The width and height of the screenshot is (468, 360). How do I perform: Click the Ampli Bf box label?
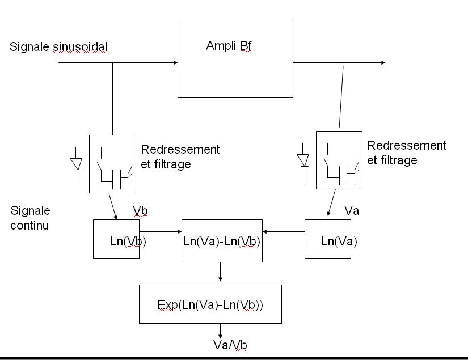coord(229,46)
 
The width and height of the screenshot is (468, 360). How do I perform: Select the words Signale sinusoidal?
coord(58,46)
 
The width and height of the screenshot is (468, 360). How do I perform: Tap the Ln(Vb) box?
coord(116,240)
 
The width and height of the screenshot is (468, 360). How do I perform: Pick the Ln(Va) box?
coord(328,240)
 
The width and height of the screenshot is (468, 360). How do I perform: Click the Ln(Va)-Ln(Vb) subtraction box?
coord(222,240)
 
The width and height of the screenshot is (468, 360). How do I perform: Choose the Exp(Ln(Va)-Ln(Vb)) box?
coord(210,304)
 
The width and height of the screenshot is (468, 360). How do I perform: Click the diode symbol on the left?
coord(76,163)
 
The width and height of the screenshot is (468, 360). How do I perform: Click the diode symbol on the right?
coord(304,159)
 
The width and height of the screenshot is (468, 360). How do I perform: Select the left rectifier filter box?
coord(112,164)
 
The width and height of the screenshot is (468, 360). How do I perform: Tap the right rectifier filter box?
coord(339,159)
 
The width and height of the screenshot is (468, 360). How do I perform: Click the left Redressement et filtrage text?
coord(180,157)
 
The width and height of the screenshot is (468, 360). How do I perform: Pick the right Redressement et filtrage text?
coord(406,153)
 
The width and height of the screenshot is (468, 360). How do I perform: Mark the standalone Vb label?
coord(140,211)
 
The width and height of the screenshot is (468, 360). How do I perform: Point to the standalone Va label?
coord(352,211)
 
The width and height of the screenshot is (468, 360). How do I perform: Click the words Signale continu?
coord(30,218)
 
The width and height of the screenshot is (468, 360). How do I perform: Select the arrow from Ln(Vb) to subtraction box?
coord(160,231)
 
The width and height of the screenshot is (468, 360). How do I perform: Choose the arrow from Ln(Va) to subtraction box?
coord(284,231)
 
